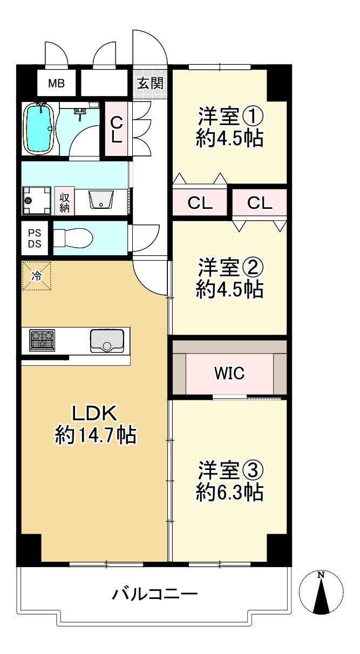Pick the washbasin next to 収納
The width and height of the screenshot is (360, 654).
tap(100, 200)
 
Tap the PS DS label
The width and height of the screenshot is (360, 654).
tap(35, 238)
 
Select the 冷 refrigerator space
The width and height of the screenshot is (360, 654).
tap(36, 276)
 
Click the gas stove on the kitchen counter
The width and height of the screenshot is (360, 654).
tap(42, 340)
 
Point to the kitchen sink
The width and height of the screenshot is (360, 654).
tap(106, 340)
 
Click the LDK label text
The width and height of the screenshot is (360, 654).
tap(95, 414)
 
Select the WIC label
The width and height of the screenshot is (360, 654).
tap(229, 373)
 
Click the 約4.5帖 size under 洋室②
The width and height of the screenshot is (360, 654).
tap(229, 290)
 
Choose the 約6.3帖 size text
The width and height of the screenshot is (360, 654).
tap(229, 492)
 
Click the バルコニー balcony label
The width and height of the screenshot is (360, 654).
tap(155, 595)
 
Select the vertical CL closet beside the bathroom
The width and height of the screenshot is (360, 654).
tap(117, 130)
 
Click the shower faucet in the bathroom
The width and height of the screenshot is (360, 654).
tap(81, 113)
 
